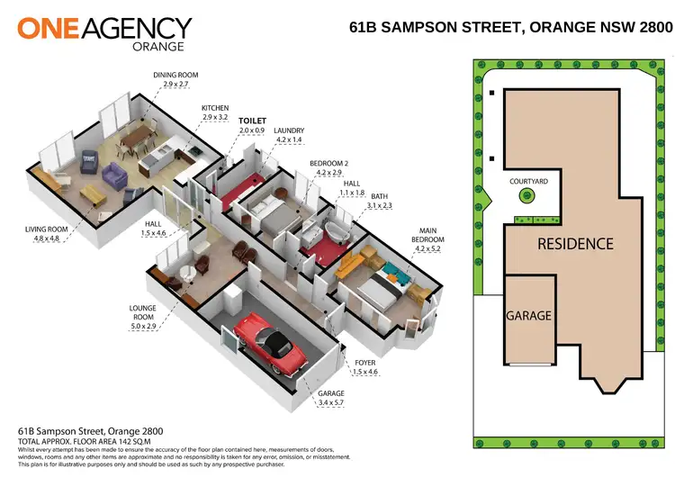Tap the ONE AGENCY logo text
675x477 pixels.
pyautogui.click(x=104, y=29)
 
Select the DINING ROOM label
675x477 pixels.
pyautogui.click(x=175, y=75)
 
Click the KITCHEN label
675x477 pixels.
pyautogui.click(x=215, y=108)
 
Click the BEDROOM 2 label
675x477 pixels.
pyautogui.click(x=329, y=162)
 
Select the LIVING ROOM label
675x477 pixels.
pyautogui.click(x=46, y=229)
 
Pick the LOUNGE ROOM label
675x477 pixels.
pyautogui.click(x=144, y=312)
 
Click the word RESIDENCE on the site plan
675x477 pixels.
pyautogui.click(x=575, y=244)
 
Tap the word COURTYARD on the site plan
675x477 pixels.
pyautogui.click(x=528, y=181)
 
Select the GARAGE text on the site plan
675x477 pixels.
pyautogui.click(x=528, y=316)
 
